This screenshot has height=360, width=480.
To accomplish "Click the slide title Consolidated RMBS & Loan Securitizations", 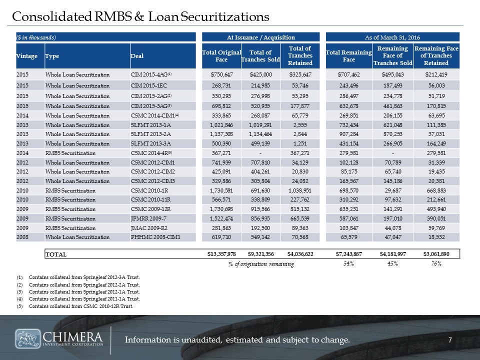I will tap(141, 16).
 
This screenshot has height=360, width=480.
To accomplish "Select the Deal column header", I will tap(136, 56).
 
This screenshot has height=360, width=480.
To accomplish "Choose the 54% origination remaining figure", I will tap(348, 264).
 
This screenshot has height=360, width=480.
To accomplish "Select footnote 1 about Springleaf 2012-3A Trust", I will tap(84, 276).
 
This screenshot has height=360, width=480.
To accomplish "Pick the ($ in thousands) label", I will tap(35, 37).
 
